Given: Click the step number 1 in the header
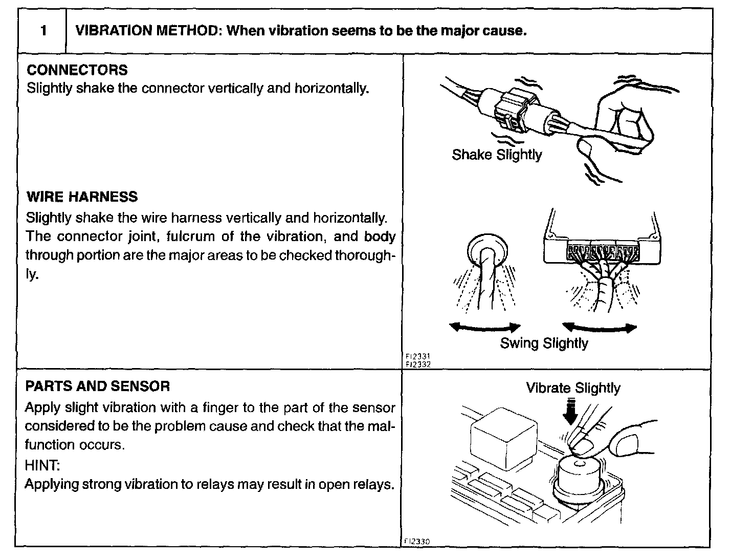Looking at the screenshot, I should pyautogui.click(x=43, y=31).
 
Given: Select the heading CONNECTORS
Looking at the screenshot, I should pyautogui.click(x=77, y=70).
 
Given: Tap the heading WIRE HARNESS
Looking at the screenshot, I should pyautogui.click(x=82, y=197).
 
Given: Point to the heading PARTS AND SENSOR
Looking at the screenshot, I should pyautogui.click(x=98, y=386).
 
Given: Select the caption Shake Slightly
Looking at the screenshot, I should pyautogui.click(x=497, y=155).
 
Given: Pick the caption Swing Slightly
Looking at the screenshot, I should pyautogui.click(x=544, y=343).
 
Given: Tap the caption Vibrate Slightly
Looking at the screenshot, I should pyautogui.click(x=573, y=388).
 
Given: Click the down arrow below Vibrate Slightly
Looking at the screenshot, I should pyautogui.click(x=570, y=412).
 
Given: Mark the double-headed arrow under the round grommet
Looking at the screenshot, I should pyautogui.click(x=484, y=328).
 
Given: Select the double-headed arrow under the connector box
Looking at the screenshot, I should pyautogui.click(x=599, y=328).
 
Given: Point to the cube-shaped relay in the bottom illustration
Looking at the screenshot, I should pyautogui.click(x=496, y=435).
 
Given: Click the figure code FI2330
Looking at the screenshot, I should pyautogui.click(x=416, y=541).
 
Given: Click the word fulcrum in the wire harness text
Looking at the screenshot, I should pyautogui.click(x=193, y=236).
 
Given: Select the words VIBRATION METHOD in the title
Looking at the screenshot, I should pyautogui.click(x=146, y=31).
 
